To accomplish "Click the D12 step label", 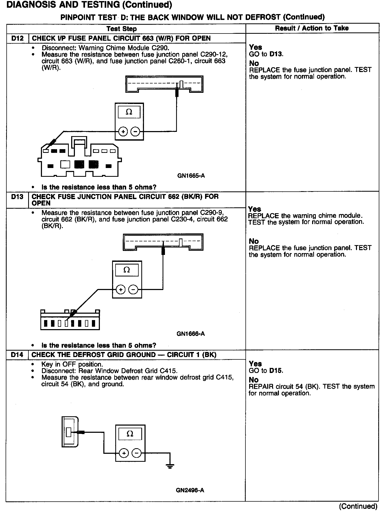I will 17,38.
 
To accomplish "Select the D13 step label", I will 17,197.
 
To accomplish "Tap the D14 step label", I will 17,355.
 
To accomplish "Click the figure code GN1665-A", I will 191,176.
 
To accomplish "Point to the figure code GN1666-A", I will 190,334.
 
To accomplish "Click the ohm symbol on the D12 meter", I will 129,112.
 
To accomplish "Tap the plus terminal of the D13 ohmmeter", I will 121,289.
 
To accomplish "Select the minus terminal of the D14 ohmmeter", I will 137,453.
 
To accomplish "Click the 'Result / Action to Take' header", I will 312,28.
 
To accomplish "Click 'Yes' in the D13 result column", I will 255,209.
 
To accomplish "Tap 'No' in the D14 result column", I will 254,380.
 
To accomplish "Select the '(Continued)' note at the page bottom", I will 358,506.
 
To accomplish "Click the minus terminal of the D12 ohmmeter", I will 135,131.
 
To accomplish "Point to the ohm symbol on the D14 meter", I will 130,434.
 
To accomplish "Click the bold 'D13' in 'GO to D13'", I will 276,54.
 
